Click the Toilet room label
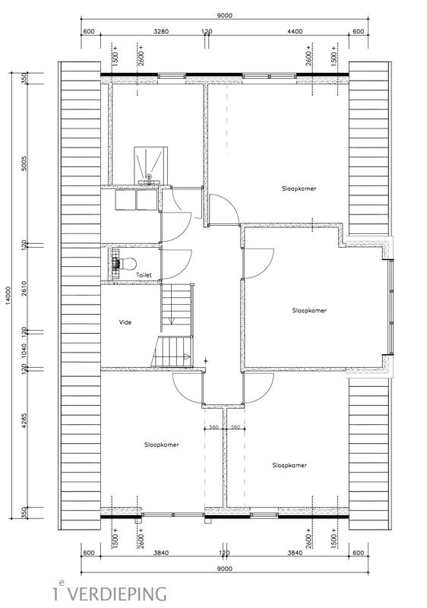tap(144, 275)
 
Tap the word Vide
tap(125, 322)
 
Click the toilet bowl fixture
tap(125, 264)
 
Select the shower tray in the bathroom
tap(150, 163)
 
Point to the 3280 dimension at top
tap(161, 32)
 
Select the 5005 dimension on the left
tap(24, 164)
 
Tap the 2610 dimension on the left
tap(24, 289)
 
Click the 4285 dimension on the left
tap(24, 420)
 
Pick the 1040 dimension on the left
tap(24, 350)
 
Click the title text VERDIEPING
tap(120, 594)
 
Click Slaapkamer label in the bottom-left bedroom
tap(162, 445)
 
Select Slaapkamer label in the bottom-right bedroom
tap(289, 465)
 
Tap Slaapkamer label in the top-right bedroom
tap(299, 188)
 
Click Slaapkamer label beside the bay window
tap(309, 311)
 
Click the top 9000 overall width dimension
tap(224, 16)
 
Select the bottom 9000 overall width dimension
tap(224, 568)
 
